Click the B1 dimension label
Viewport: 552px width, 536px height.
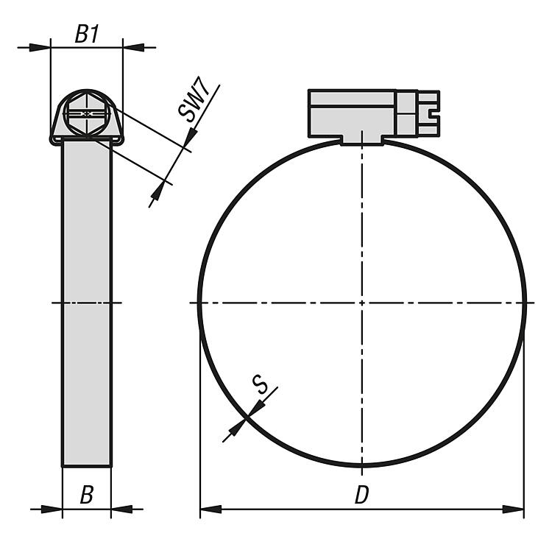click(x=87, y=34)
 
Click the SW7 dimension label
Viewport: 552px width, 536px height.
click(x=194, y=99)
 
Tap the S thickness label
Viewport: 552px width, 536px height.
click(x=260, y=384)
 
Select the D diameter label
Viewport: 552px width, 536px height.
click(x=361, y=495)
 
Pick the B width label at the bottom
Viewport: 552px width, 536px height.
click(x=87, y=495)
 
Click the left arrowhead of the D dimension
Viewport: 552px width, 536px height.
click(x=211, y=509)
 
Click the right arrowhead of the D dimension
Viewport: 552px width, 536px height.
click(x=513, y=509)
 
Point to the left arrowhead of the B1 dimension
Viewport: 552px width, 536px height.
click(x=40, y=47)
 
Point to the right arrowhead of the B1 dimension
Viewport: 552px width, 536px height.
click(x=134, y=47)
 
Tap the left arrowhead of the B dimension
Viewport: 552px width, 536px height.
click(x=52, y=509)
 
